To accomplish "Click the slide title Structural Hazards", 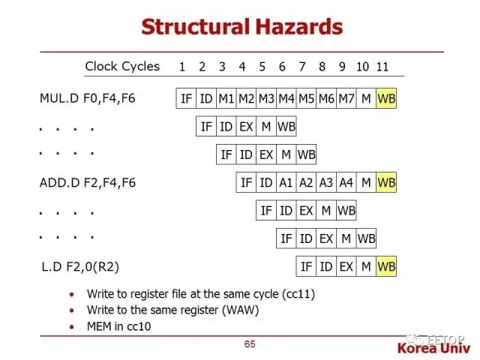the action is [241, 28].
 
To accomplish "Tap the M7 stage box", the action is [346, 98].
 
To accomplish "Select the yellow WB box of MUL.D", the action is [386, 98].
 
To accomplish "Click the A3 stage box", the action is [326, 182].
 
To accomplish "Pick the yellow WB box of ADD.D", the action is [386, 182].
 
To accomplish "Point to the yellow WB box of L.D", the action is [386, 266].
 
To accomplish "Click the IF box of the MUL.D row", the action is [186, 98].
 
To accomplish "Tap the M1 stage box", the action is [226, 98].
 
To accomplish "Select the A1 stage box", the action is [286, 182].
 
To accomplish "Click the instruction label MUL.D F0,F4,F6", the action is [88, 98].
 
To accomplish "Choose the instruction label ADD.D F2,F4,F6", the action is [88, 182].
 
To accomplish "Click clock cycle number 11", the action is [382, 67].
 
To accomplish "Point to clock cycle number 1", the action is [182, 67].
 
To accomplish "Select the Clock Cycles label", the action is [122, 66].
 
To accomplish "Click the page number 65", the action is [250, 344].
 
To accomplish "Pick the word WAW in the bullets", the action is [232, 310].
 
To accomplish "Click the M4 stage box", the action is [286, 98].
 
